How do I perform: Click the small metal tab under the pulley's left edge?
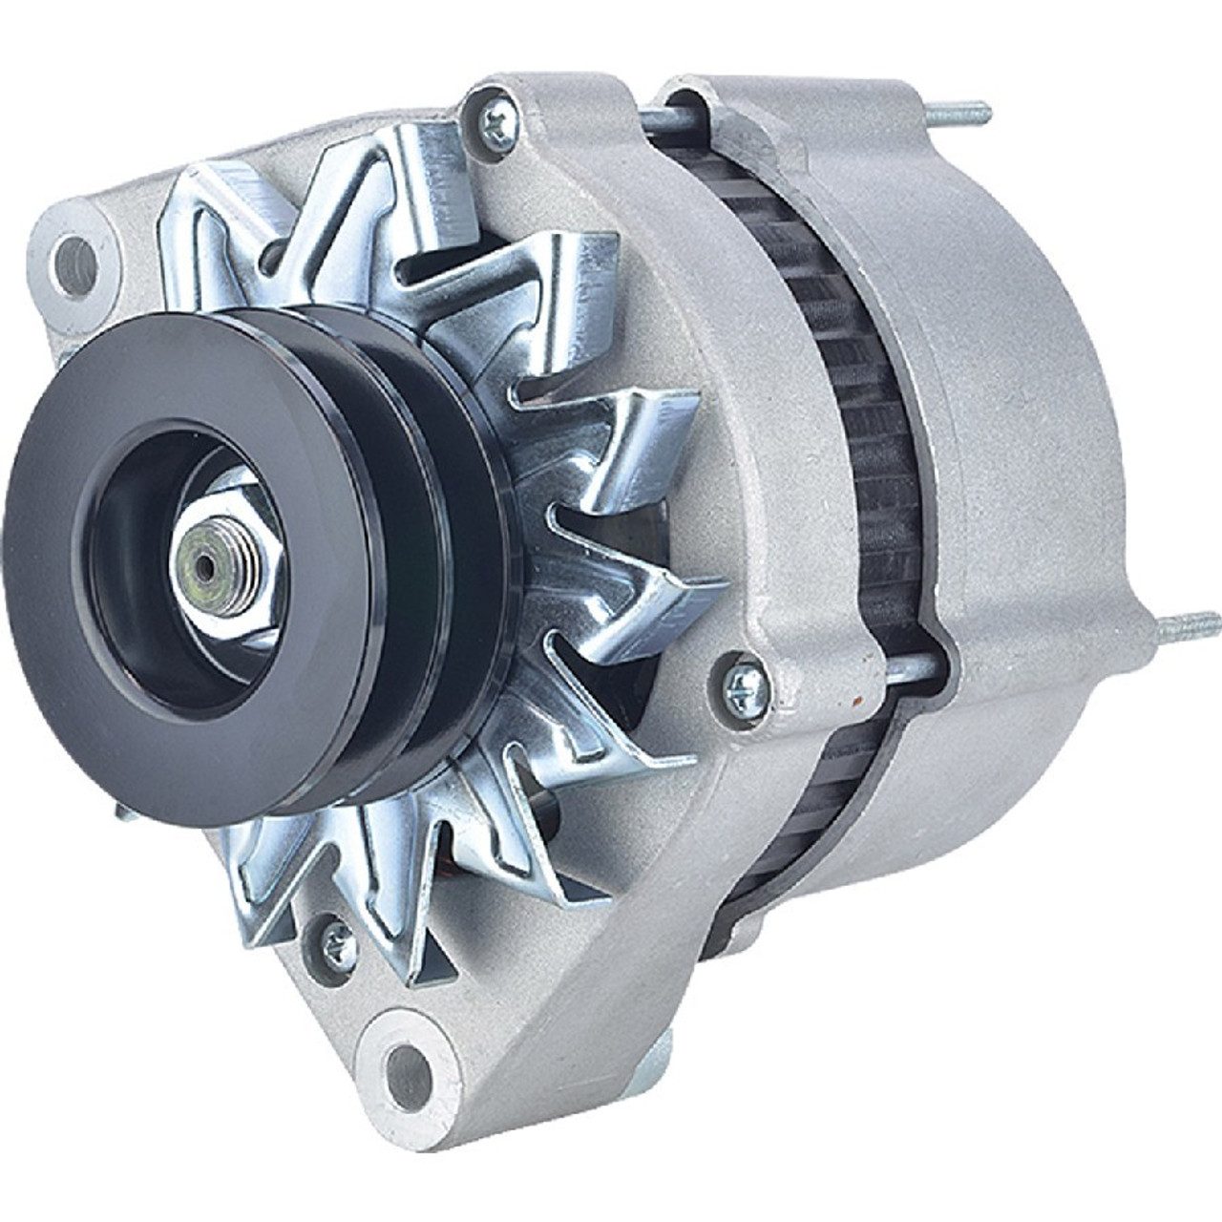point(121,812)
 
